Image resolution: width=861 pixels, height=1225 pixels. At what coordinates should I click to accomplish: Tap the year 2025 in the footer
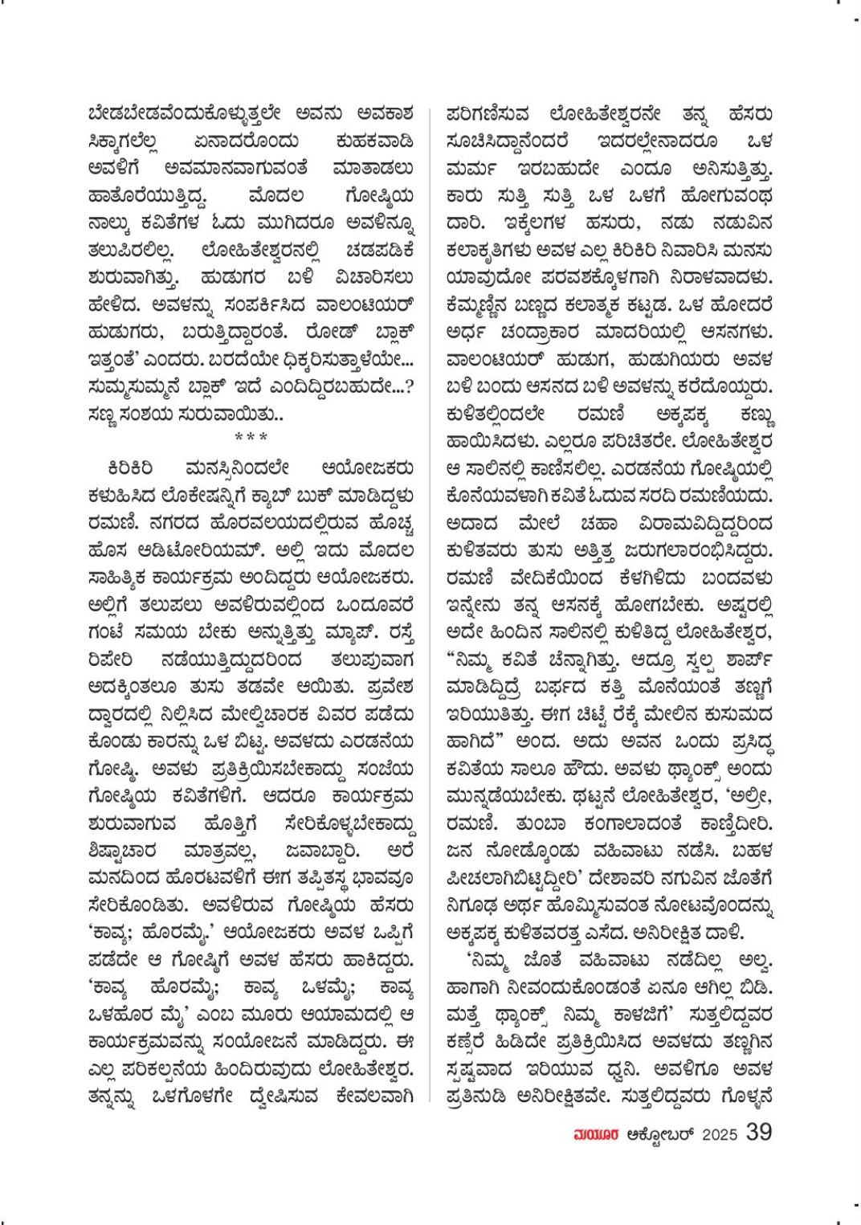[x=720, y=1133]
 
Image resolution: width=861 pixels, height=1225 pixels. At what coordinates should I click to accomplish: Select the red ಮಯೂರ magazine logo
[x=596, y=1133]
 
